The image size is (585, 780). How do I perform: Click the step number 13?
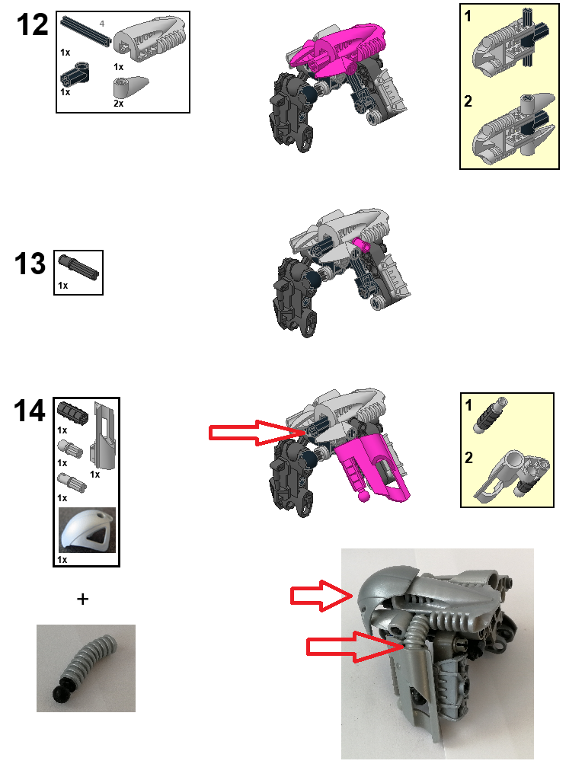click(30, 264)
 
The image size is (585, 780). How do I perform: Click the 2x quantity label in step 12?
click(118, 103)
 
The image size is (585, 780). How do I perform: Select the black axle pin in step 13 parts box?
click(78, 267)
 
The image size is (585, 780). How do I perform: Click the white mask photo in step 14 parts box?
click(87, 530)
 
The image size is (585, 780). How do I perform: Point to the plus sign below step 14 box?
click(82, 599)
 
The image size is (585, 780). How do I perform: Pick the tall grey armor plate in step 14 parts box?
click(101, 437)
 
